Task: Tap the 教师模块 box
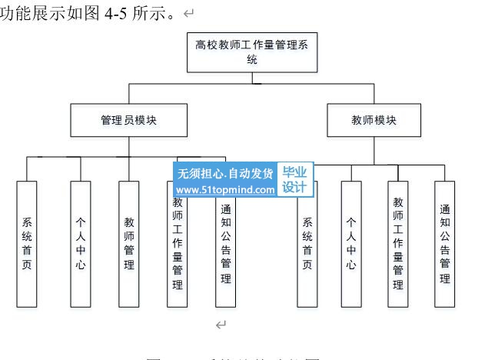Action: [x=374, y=121]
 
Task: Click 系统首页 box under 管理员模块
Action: [x=27, y=243]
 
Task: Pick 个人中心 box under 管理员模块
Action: [x=81, y=243]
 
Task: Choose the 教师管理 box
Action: [x=129, y=243]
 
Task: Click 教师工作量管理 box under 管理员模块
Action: [x=178, y=245]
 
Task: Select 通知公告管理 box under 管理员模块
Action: [x=226, y=243]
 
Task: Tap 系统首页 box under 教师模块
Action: [x=307, y=243]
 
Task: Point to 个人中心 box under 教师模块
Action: [x=350, y=243]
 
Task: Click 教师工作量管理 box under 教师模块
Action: [x=398, y=243]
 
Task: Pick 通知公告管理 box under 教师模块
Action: [x=445, y=243]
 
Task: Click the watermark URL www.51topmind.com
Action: [x=225, y=189]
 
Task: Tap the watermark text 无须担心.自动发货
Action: [x=225, y=174]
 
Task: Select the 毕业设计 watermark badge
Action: [x=294, y=181]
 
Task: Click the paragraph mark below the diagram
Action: [x=221, y=325]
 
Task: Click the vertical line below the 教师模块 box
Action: [x=374, y=150]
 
